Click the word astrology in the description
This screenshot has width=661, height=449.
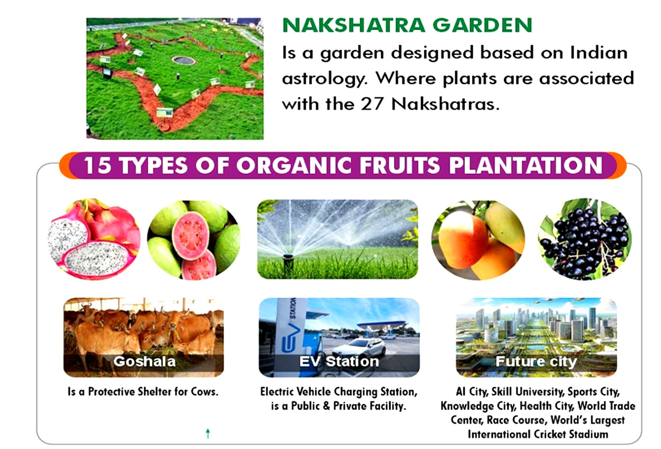point(325,79)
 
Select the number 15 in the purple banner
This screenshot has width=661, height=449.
point(98,165)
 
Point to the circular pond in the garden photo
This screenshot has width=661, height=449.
point(183,60)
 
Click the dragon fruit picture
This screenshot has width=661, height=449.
point(94,239)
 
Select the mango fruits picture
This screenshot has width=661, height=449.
point(478,240)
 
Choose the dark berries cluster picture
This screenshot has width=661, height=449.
point(585,239)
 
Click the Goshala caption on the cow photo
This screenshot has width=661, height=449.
point(144,361)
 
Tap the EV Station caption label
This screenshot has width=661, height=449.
point(339,361)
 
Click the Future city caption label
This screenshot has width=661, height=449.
point(536,361)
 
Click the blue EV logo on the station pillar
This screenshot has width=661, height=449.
point(291,338)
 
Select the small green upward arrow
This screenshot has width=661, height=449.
point(208,433)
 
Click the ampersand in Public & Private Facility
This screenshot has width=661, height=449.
point(326,406)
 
